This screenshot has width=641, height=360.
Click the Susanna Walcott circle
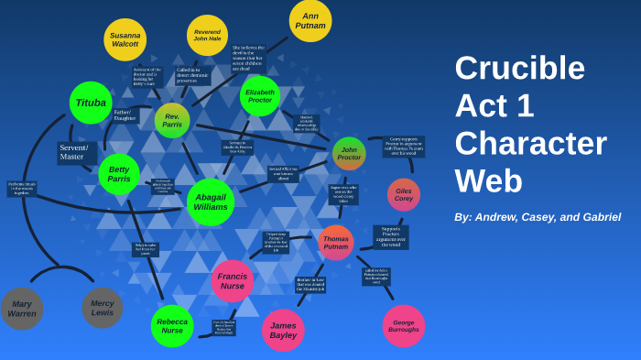[125, 39]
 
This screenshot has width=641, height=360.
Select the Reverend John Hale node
[207, 35]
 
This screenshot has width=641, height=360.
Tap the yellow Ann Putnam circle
[310, 20]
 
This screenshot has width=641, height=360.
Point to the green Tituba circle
[91, 103]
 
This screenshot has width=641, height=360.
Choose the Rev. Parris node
[172, 121]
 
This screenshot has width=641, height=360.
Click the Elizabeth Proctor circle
[260, 96]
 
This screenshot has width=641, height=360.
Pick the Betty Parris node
[119, 174]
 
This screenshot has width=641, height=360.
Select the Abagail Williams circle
[211, 202]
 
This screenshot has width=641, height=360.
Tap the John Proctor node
[349, 154]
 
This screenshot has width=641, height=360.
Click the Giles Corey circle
[404, 195]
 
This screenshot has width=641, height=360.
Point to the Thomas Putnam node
[336, 243]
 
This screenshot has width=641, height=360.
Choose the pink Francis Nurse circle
[233, 280]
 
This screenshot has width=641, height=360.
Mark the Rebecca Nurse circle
[172, 326]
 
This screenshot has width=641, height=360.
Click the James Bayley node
[283, 330]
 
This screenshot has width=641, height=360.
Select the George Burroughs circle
[404, 326]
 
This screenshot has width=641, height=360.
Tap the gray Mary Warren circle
[22, 309]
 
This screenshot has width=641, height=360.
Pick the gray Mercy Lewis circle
[103, 308]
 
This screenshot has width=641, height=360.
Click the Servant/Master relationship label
[74, 152]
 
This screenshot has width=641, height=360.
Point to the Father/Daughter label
[125, 115]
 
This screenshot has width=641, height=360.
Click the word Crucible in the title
[519, 68]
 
